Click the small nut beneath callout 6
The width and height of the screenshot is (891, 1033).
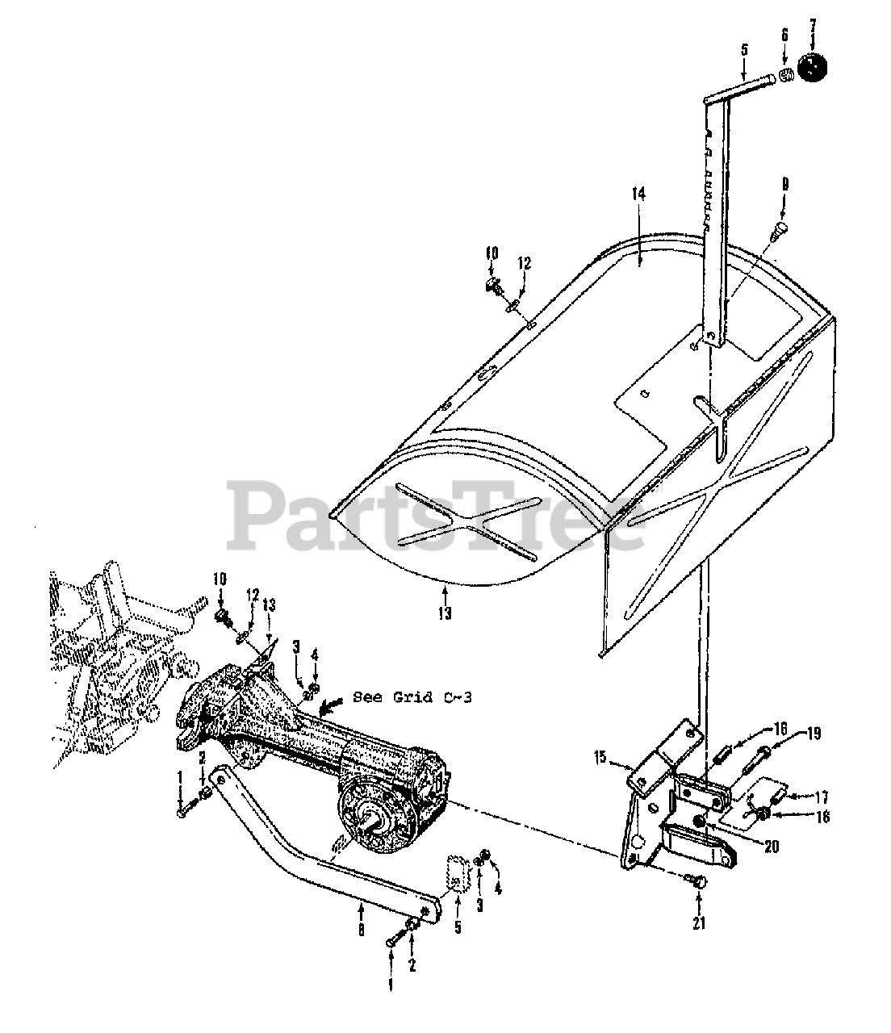[x=787, y=75]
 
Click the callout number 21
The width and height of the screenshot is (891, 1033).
[x=699, y=923]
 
